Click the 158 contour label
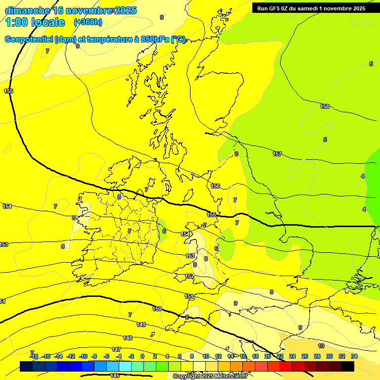pyautogui.click(x=325, y=106)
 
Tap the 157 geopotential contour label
pyautogui.click(x=277, y=154)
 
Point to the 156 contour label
pyautogui.click(x=215, y=186)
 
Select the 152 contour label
pyautogui.click(x=190, y=276)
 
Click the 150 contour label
pyautogui.click(x=157, y=309)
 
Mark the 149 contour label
pyautogui.click(x=141, y=325)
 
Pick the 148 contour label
pyautogui.click(x=128, y=338)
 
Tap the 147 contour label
pyautogui.click(x=116, y=349)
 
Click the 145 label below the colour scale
pyautogui.click(x=115, y=376)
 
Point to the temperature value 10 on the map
pyautogui.click(x=321, y=346)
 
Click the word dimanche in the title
pyautogui.click(x=27, y=10)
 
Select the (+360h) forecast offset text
pyautogui.click(x=88, y=22)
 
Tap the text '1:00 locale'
pyautogui.click(x=35, y=22)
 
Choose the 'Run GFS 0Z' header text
pyautogui.click(x=273, y=8)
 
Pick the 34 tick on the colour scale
pyautogui.click(x=354, y=356)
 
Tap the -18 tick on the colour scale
pyautogui.click(x=34, y=356)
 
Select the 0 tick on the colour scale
pyautogui.click(x=142, y=356)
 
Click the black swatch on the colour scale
pyautogui.click(x=348, y=366)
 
